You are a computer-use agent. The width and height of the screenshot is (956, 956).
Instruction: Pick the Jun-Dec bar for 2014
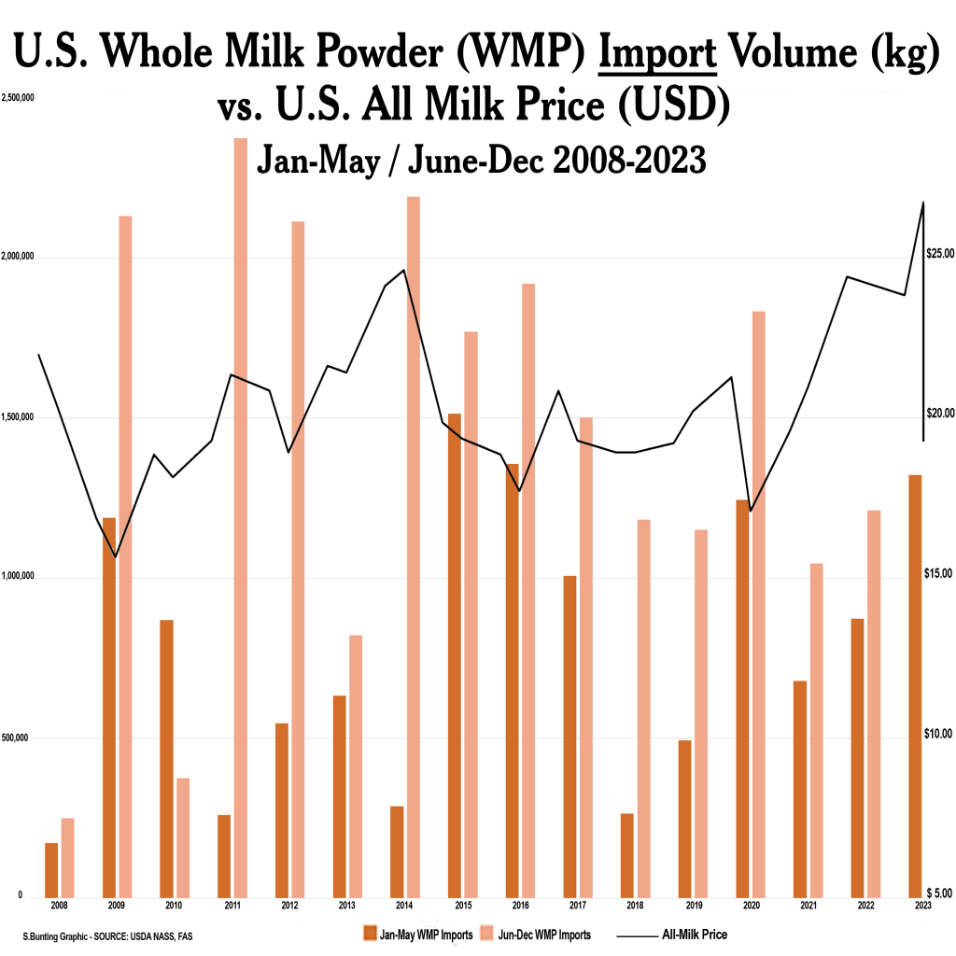tap(413, 545)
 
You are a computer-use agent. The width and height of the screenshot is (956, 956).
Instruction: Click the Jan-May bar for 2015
tap(455, 654)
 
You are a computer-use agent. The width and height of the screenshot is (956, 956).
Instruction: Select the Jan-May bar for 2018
tap(627, 854)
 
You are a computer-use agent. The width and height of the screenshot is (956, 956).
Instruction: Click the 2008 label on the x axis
tap(59, 906)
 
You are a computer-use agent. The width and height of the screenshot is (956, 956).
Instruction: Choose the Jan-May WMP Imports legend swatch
tap(371, 934)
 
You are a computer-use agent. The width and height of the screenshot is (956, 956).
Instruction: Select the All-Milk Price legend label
tap(695, 934)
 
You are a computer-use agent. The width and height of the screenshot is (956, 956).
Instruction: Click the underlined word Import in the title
tap(657, 58)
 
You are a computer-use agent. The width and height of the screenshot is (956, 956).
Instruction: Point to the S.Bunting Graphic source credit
tap(108, 935)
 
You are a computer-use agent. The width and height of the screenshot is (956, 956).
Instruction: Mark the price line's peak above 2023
tap(923, 202)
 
